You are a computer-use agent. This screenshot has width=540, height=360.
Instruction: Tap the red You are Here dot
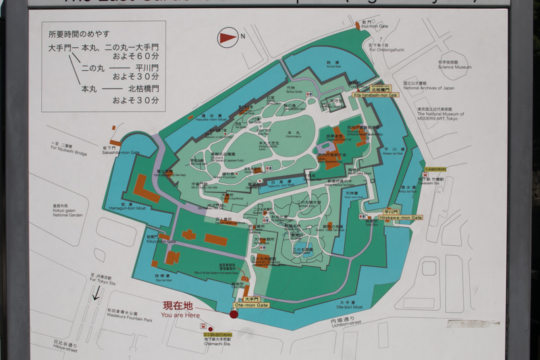coord(234,314)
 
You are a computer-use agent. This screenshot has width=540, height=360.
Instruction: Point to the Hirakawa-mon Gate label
coord(400,217)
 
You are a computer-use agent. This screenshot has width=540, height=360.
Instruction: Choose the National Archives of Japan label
coord(429,86)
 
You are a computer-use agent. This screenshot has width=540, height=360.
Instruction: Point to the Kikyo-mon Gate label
coord(160,240)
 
